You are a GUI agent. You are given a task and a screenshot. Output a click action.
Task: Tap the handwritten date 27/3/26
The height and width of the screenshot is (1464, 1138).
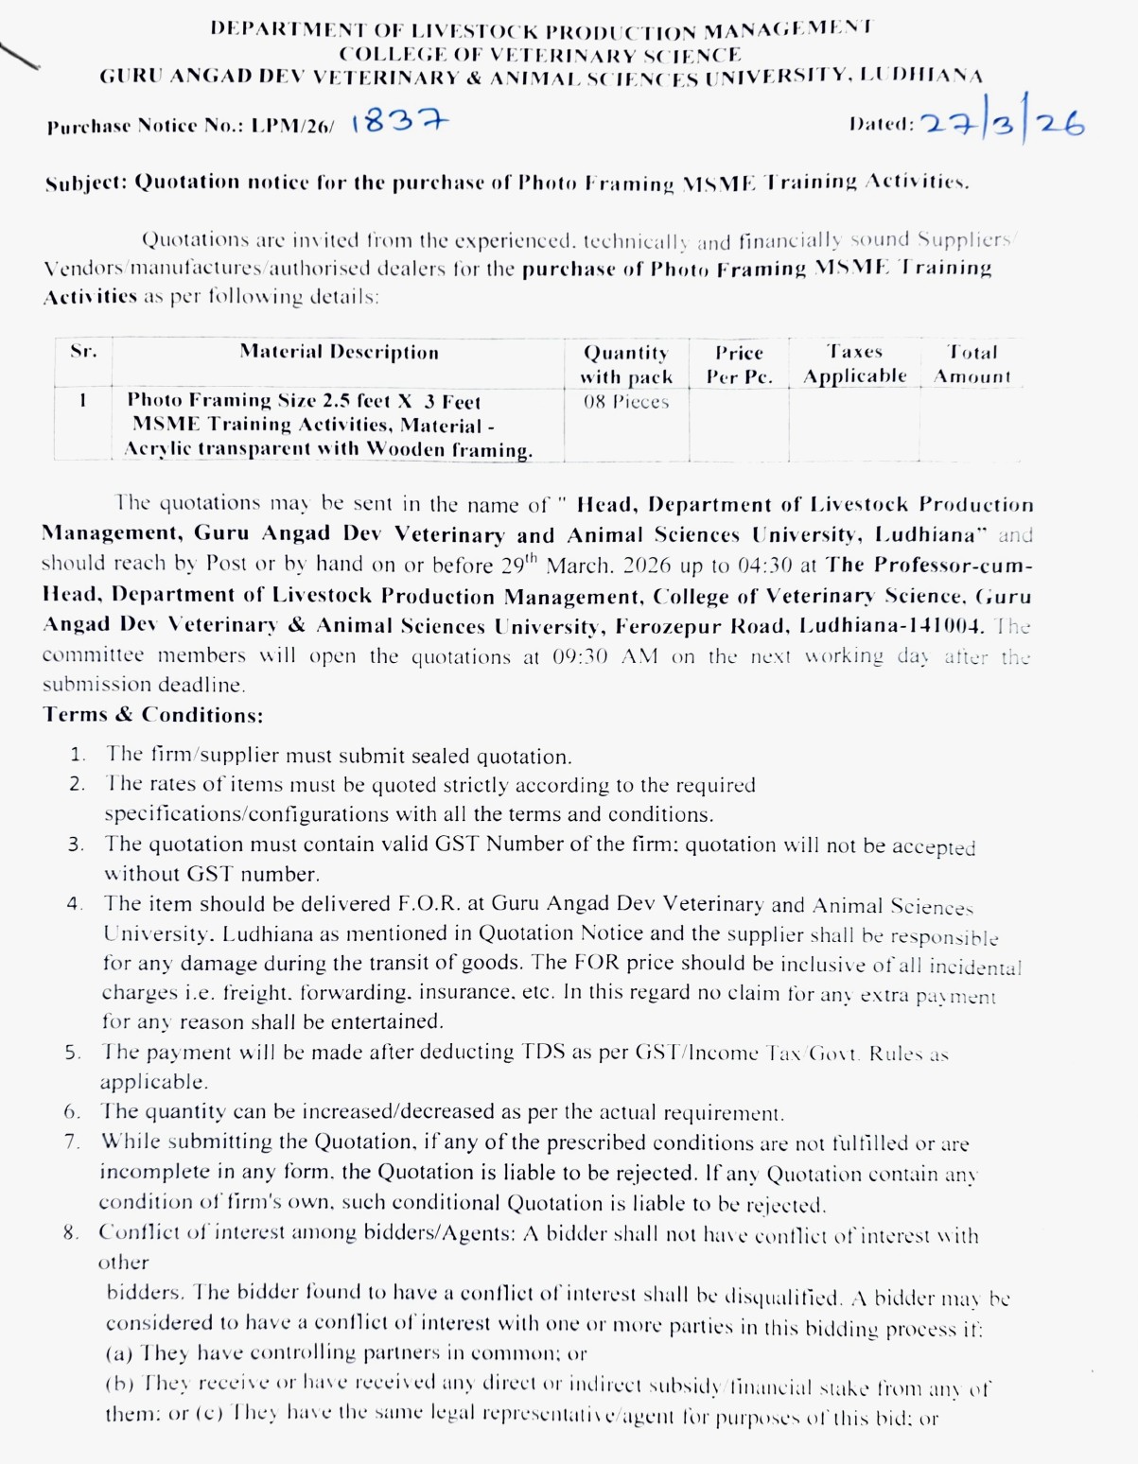[1003, 123]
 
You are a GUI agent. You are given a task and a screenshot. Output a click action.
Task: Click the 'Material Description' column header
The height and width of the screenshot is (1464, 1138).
[339, 352]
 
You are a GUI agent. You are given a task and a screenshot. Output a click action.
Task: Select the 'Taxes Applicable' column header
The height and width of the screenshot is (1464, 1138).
[854, 364]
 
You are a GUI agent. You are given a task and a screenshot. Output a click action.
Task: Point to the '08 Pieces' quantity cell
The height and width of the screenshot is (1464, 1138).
[625, 402]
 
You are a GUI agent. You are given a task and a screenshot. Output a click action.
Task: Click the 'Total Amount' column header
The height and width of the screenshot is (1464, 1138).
[972, 364]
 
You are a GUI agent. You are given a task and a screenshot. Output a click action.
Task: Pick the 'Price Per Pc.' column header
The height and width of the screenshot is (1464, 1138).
[739, 364]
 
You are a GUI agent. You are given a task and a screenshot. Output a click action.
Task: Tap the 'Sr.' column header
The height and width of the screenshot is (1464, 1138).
[83, 352]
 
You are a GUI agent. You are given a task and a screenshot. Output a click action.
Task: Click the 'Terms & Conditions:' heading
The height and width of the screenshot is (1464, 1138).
[153, 715]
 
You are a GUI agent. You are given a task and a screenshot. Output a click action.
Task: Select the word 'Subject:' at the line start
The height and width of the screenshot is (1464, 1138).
[86, 183]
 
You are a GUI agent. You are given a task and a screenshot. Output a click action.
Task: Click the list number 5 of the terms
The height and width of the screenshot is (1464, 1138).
[73, 1052]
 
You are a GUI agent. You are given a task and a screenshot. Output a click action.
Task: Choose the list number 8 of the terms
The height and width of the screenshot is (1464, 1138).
[71, 1233]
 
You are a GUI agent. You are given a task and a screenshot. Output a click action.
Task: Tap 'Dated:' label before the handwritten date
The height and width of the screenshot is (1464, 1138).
[881, 124]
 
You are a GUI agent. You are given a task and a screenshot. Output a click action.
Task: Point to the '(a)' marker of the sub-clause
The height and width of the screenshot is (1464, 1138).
[118, 1353]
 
